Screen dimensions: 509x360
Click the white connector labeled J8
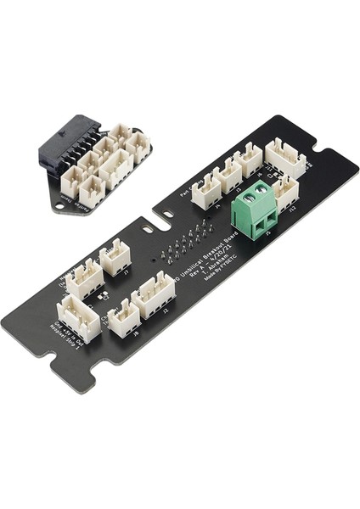coord(124,317)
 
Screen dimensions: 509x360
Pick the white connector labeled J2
coord(154,294)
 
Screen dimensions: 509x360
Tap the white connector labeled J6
coord(248,159)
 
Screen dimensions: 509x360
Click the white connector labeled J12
coord(286,193)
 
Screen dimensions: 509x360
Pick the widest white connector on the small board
coord(115,169)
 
